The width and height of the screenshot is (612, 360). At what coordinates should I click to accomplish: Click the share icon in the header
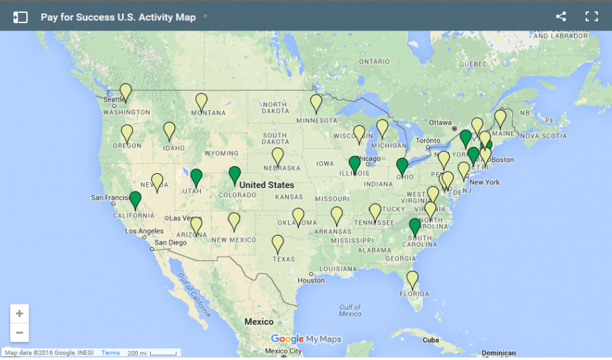(x=561, y=16)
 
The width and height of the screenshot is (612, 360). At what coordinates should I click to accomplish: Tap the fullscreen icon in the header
(x=592, y=16)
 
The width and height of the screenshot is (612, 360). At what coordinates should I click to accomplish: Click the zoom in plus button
(x=20, y=313)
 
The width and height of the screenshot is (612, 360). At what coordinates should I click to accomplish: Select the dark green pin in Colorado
(x=235, y=175)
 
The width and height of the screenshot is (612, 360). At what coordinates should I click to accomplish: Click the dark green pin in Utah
(x=196, y=177)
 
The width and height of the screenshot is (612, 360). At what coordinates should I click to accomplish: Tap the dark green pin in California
(x=135, y=200)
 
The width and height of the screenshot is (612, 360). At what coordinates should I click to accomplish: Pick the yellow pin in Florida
(x=412, y=279)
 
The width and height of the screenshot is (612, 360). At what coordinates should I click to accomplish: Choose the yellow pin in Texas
(x=277, y=243)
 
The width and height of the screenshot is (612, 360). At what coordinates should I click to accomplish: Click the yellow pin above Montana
(x=201, y=102)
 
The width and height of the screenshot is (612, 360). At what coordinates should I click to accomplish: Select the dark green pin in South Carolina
(x=415, y=227)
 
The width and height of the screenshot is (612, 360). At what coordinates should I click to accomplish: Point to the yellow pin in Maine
(x=500, y=118)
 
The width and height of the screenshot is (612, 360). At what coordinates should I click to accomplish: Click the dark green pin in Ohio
(x=402, y=166)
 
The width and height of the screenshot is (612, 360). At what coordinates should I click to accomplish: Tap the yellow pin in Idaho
(x=169, y=130)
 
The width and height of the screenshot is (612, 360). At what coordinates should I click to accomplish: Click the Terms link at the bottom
(x=110, y=353)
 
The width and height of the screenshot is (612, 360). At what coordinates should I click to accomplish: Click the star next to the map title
(x=206, y=16)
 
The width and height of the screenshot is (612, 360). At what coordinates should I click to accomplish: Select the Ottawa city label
(x=440, y=122)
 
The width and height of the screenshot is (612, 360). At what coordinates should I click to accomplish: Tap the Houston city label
(x=311, y=280)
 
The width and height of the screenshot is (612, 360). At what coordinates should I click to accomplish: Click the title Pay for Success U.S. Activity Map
(x=118, y=17)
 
